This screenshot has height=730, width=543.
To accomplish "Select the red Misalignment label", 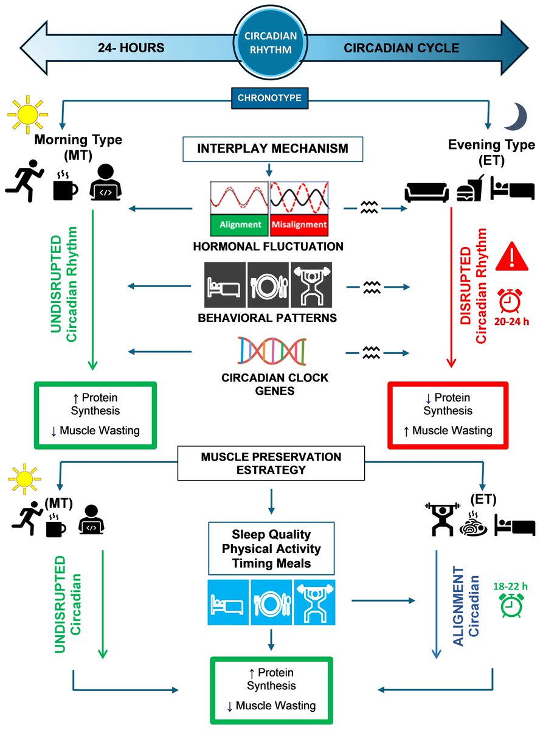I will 299,224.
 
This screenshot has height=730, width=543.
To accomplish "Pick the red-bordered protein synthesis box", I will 448,414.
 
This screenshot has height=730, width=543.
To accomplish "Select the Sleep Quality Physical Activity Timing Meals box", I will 271,549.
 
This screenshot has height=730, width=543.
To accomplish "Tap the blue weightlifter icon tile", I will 315,600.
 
